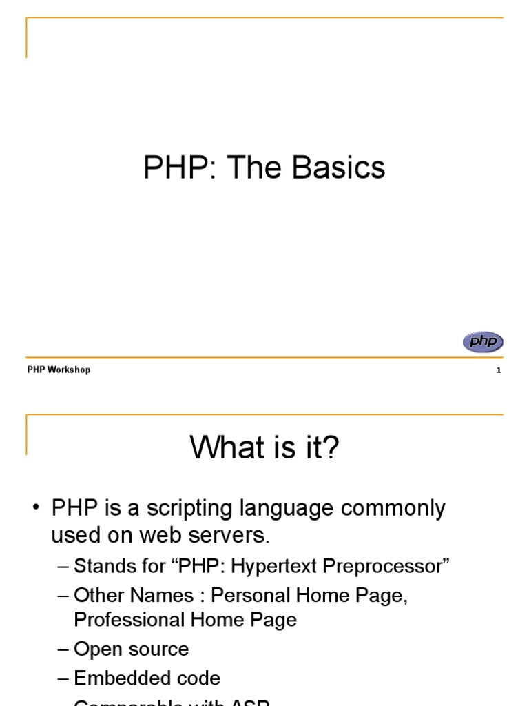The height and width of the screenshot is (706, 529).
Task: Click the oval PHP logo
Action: tap(483, 342)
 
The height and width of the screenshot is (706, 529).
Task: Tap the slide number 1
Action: tap(498, 370)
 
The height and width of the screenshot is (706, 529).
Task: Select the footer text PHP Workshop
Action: tap(59, 370)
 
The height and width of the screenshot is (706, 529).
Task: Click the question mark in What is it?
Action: tap(332, 449)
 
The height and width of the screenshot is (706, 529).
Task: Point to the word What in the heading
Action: tap(222, 449)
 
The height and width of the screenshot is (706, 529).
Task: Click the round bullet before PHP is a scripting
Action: tap(37, 510)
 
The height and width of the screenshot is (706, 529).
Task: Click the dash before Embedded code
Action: tap(63, 678)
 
